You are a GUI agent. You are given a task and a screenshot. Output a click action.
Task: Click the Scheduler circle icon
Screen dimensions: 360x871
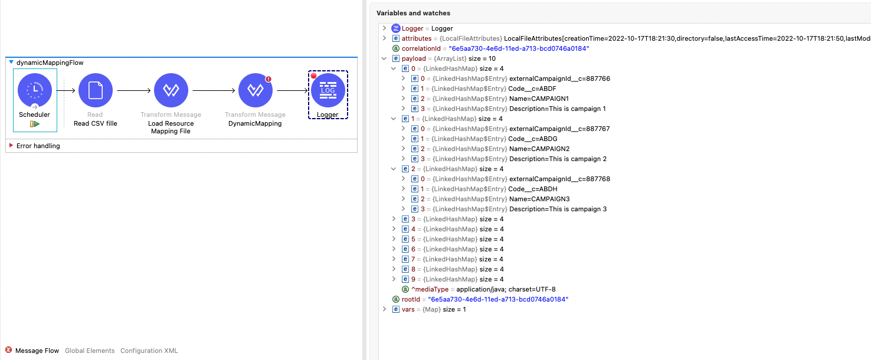point(35,90)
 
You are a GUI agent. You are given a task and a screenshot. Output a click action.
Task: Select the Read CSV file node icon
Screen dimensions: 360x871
point(95,90)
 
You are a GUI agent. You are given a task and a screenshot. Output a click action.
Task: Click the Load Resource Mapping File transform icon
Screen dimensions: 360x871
point(171,90)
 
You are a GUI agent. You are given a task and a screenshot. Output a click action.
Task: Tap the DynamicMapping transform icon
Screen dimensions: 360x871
point(255,90)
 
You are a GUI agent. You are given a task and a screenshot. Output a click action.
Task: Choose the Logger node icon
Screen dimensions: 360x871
point(328,91)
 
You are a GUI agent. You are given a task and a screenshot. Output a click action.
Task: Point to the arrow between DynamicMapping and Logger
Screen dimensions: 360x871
point(292,90)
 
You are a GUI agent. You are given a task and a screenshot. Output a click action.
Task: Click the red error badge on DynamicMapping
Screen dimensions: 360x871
point(268,78)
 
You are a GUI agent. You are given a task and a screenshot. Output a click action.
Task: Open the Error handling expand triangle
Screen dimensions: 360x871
point(11,146)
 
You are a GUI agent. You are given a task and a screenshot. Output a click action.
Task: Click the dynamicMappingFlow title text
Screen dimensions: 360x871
point(50,63)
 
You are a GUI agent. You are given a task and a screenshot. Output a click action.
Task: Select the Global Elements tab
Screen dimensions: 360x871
point(90,351)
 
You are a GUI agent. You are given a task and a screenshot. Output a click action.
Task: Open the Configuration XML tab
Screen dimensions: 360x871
point(149,351)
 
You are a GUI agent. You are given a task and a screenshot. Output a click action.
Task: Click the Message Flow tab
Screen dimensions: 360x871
point(37,351)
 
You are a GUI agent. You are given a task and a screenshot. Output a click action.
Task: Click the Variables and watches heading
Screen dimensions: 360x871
point(413,13)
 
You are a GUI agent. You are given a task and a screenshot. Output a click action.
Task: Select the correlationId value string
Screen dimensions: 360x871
point(519,48)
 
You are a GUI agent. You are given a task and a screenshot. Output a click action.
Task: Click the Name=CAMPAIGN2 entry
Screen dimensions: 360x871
point(539,149)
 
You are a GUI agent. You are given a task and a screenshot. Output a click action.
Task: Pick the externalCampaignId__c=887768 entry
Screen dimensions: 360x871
point(559,179)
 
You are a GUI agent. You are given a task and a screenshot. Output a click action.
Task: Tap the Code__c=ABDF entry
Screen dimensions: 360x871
point(532,89)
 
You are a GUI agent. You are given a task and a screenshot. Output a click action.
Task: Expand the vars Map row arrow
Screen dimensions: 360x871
point(385,309)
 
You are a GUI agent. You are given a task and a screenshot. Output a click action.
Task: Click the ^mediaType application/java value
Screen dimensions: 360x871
point(506,289)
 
